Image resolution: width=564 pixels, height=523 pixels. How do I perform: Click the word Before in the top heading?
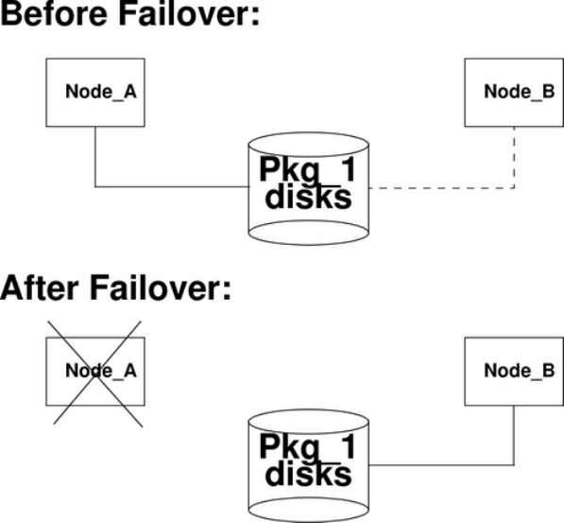(54, 13)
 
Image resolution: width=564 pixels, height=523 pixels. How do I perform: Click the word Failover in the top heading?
(184, 13)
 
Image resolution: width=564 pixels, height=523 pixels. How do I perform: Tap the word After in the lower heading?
(40, 288)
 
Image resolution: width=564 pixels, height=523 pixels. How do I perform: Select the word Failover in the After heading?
(155, 288)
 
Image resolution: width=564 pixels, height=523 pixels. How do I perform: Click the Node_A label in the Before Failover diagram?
(101, 92)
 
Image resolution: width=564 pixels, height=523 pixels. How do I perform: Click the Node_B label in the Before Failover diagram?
(520, 92)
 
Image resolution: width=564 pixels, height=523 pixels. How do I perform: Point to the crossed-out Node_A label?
(101, 371)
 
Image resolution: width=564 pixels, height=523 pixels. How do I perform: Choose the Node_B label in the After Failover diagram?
(520, 371)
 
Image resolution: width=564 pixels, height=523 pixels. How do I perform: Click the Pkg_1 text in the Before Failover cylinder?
(308, 170)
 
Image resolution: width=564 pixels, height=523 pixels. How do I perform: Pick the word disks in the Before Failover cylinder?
(308, 197)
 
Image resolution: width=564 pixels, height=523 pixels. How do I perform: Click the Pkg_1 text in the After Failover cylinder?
(308, 447)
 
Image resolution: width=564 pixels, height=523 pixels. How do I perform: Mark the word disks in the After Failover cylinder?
(308, 474)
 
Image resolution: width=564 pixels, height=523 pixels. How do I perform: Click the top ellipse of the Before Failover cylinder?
(309, 133)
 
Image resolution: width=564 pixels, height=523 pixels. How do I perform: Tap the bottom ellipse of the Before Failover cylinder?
(309, 245)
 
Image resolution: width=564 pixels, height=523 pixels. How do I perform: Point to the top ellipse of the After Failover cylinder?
(309, 410)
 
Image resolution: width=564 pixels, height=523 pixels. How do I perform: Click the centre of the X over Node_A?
(95, 374)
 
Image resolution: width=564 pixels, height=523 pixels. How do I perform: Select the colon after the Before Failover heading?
(255, 16)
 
